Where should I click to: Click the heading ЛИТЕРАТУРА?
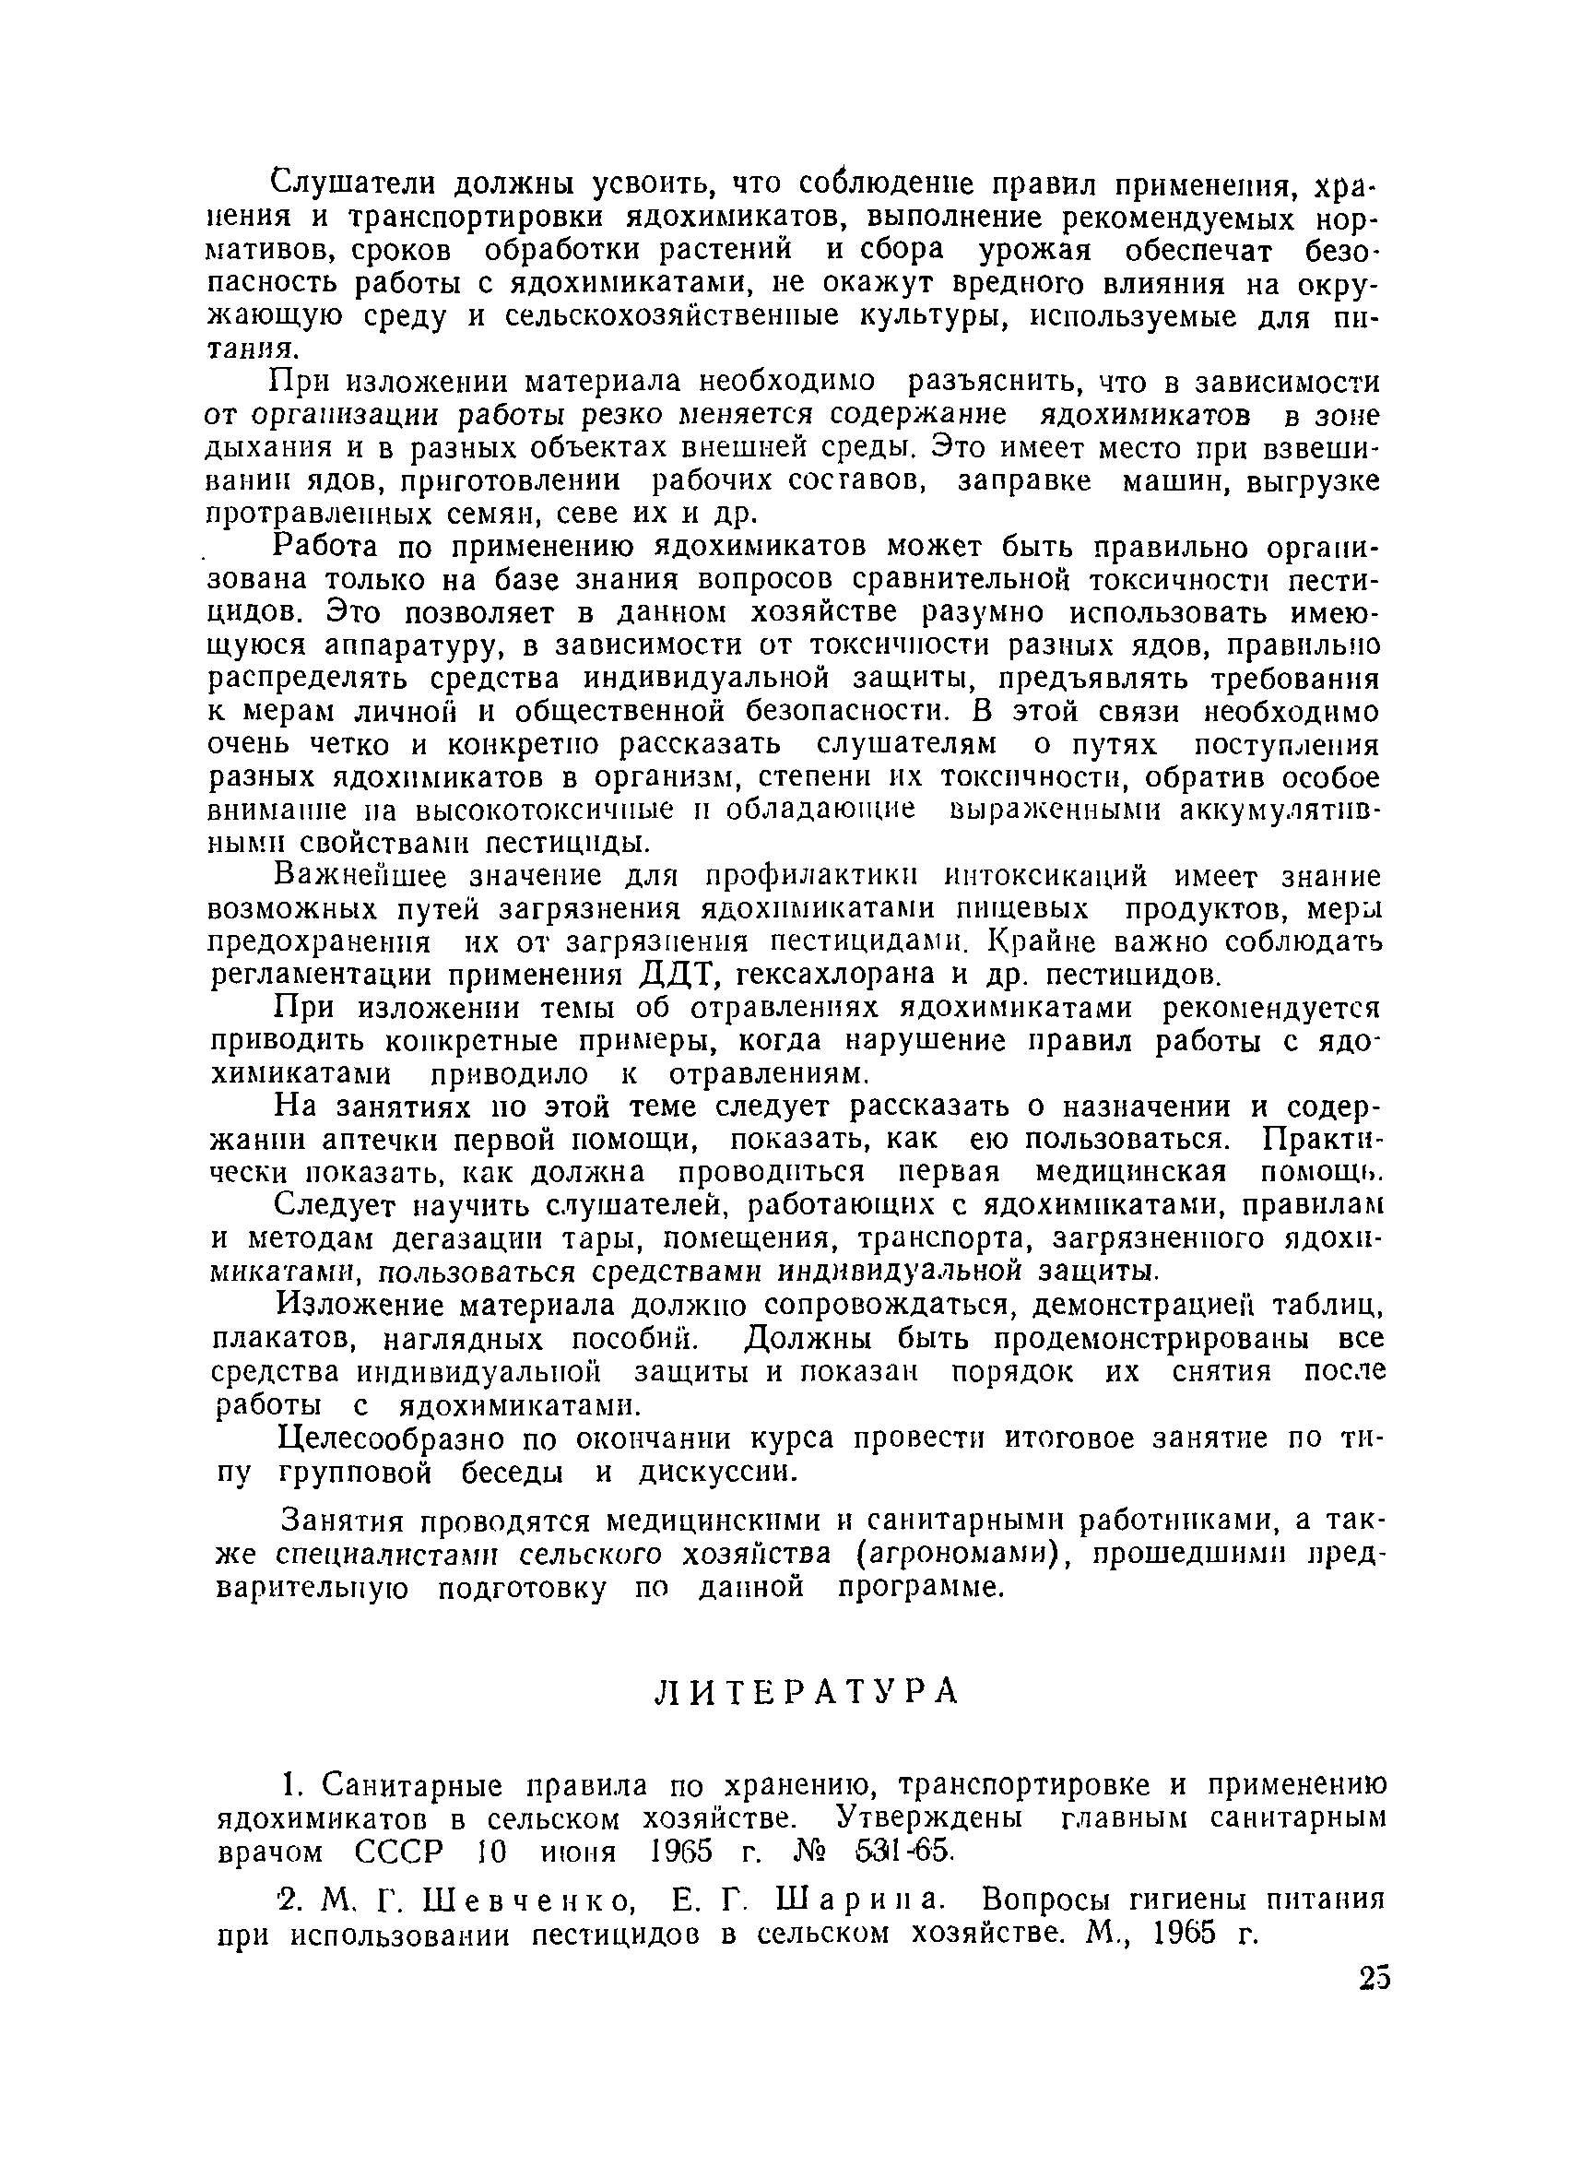pyautogui.click(x=806, y=1691)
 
